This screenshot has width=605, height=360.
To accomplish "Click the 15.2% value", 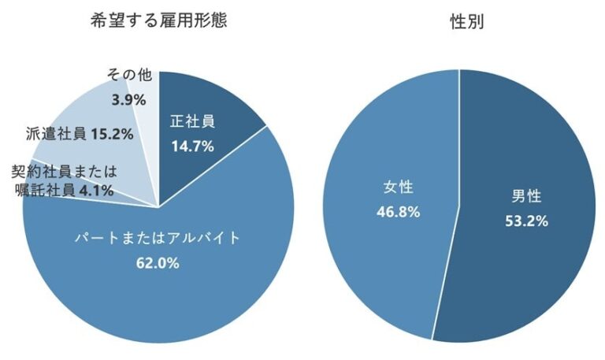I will tap(111, 133).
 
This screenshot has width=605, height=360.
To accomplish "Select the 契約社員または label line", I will tap(63, 170).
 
